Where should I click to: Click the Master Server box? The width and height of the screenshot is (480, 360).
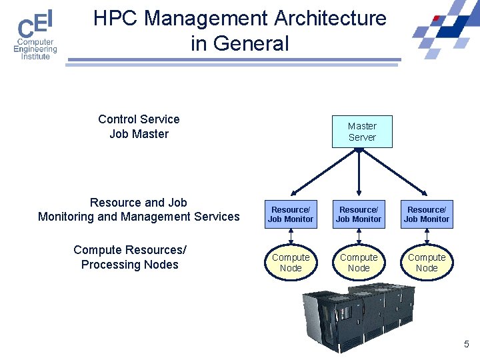tap(362, 131)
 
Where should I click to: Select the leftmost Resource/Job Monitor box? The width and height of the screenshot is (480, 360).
tap(291, 214)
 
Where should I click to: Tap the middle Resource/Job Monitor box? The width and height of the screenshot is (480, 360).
tap(359, 214)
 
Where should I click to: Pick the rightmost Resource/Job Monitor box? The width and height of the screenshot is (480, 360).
tap(427, 214)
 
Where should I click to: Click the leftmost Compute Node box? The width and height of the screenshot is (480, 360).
tap(291, 263)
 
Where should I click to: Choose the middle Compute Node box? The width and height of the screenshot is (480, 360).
tap(359, 263)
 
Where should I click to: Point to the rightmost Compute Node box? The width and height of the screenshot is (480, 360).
tap(427, 263)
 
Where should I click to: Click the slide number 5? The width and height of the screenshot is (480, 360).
tap(467, 344)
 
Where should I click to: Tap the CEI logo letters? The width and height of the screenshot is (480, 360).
tap(35, 24)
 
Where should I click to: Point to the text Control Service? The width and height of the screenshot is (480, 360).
tap(139, 119)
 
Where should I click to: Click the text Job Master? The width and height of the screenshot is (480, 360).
tap(139, 134)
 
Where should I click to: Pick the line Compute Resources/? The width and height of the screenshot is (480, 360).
tap(130, 250)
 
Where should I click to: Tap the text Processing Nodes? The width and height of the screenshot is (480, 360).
tap(130, 265)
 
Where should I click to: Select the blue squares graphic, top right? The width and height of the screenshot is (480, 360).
tap(443, 30)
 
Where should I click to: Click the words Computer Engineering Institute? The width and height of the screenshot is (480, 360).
tap(35, 49)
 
